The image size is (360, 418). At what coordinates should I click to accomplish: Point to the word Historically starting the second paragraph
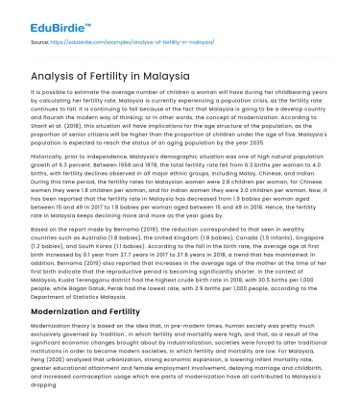pyautogui.click(x=49, y=152)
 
